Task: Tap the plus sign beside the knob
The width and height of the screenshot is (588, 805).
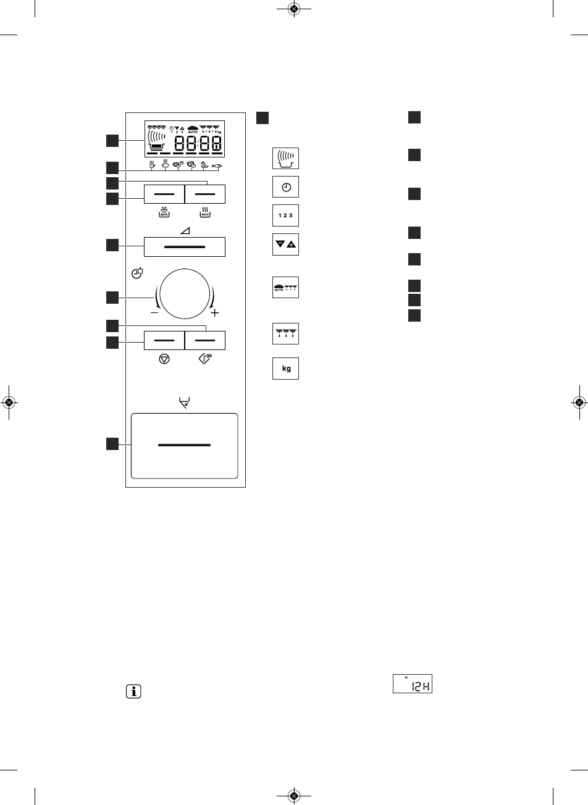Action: [x=215, y=314]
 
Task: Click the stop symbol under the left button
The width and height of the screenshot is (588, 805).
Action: [x=164, y=359]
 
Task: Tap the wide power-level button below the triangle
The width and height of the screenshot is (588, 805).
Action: [x=185, y=246]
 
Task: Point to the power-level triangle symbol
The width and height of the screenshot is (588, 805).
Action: [x=185, y=229]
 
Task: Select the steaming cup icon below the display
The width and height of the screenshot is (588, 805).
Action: [x=151, y=165]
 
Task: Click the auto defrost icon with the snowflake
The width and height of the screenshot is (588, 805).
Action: [x=164, y=212]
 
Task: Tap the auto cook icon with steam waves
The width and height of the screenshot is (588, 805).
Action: [x=205, y=212]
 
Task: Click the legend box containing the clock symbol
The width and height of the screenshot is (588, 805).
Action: [x=285, y=186]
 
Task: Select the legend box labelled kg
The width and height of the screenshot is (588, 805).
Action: [x=285, y=369]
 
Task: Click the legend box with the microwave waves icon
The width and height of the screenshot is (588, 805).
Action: [x=285, y=158]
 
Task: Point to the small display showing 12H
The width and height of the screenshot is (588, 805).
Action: [x=413, y=683]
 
